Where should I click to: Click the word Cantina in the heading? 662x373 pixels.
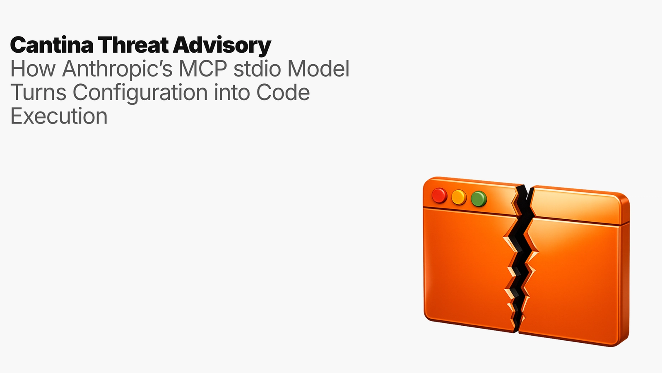[52, 45]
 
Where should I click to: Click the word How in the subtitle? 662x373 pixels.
[33, 69]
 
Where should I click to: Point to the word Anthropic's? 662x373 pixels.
[117, 69]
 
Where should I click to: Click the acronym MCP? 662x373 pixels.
[203, 69]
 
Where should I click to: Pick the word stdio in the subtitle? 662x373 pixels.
[257, 69]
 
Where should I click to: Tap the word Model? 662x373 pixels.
[318, 69]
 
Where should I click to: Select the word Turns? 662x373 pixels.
[38, 92]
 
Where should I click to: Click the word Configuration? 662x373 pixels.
[140, 92]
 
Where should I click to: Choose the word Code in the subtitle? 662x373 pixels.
[283, 92]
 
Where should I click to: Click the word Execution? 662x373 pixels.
[59, 116]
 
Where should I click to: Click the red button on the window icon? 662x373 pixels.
[439, 195]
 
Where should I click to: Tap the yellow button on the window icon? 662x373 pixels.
[459, 197]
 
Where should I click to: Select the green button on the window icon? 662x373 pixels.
[479, 199]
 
